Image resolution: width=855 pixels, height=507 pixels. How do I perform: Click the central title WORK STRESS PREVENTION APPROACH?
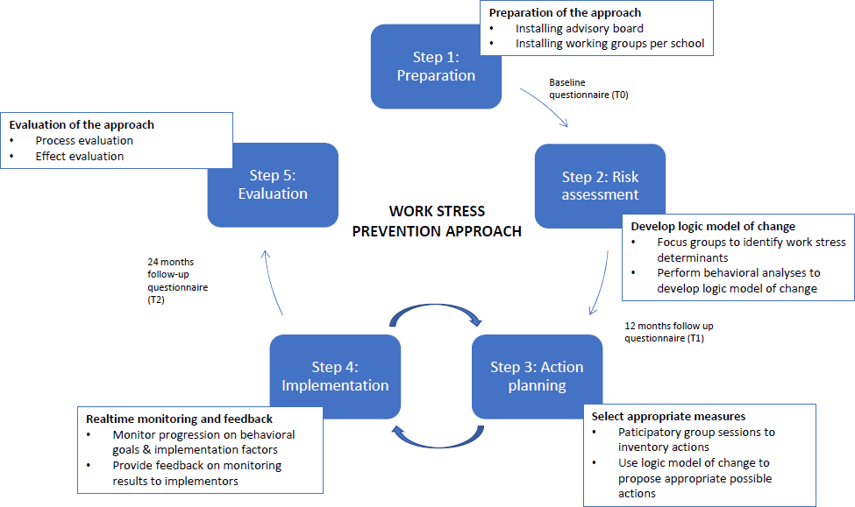tap(437, 222)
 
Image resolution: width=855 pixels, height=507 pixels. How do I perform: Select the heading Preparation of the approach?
tap(565, 13)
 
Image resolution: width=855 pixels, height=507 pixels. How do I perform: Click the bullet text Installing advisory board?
tap(579, 28)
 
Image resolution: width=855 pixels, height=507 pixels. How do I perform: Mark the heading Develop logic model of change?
tap(713, 227)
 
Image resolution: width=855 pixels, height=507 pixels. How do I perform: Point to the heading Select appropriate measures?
tap(668, 417)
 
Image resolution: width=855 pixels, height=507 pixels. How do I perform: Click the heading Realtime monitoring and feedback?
tap(179, 419)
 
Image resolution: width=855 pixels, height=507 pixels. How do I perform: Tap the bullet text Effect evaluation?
tap(80, 156)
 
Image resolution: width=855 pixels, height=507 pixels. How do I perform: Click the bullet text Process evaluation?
tap(84, 140)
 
